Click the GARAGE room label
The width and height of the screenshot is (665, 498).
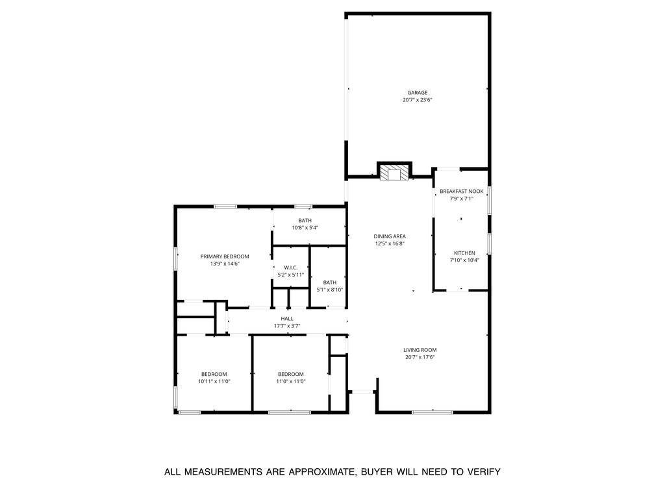(417, 93)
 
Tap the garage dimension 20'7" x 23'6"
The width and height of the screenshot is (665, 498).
(417, 100)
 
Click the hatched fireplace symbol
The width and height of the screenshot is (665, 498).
(394, 173)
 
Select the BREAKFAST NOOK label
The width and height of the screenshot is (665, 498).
(461, 192)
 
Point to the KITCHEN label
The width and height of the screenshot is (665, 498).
(464, 253)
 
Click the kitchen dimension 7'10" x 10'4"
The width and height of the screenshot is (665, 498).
(464, 260)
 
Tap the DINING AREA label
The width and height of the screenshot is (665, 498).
(390, 236)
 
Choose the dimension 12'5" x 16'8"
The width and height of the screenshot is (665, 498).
(390, 244)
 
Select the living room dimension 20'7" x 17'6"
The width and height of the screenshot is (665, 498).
(420, 357)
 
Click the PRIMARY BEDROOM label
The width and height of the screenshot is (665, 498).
(224, 256)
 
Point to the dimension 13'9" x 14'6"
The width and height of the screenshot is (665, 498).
(224, 264)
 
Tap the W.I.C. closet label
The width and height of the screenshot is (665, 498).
(290, 268)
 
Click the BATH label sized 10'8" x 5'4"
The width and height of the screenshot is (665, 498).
(305, 221)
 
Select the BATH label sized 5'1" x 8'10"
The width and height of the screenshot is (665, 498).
(330, 282)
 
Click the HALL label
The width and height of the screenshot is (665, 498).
(287, 319)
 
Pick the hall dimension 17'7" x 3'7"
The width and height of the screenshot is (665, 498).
(287, 326)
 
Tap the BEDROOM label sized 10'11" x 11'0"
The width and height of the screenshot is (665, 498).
(214, 374)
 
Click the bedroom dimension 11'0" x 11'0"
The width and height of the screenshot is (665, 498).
(290, 382)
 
